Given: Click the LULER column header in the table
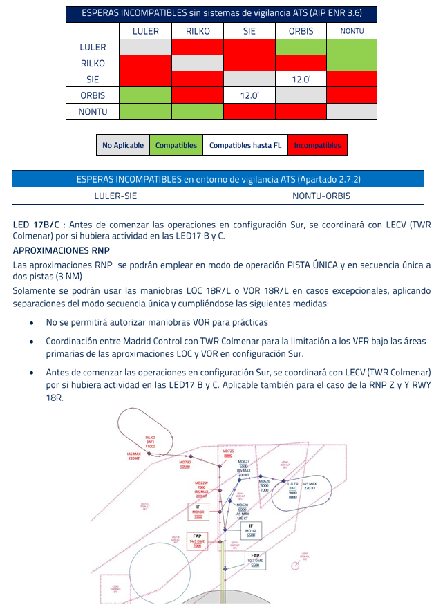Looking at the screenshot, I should click(145, 31).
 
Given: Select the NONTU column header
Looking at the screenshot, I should click(352, 31).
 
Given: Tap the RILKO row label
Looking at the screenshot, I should click(93, 63).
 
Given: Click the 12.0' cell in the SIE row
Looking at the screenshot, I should click(301, 80).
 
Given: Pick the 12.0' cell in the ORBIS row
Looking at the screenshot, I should click(249, 95).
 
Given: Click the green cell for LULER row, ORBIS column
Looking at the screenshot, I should click(301, 47).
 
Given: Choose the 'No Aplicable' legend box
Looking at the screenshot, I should click(123, 145).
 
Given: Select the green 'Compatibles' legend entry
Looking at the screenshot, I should click(176, 145).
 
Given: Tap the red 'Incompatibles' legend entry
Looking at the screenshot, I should click(317, 145).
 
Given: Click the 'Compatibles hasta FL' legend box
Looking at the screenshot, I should click(245, 145).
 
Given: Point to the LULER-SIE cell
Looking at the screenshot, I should click(115, 196).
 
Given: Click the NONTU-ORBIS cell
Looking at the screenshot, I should click(321, 196).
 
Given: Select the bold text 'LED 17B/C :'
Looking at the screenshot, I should click(39, 225).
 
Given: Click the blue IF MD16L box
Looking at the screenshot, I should click(251, 530).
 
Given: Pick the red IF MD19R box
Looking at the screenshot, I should click(198, 512).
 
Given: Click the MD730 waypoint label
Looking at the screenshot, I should click(185, 464).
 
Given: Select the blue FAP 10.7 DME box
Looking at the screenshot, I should click(255, 560).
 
